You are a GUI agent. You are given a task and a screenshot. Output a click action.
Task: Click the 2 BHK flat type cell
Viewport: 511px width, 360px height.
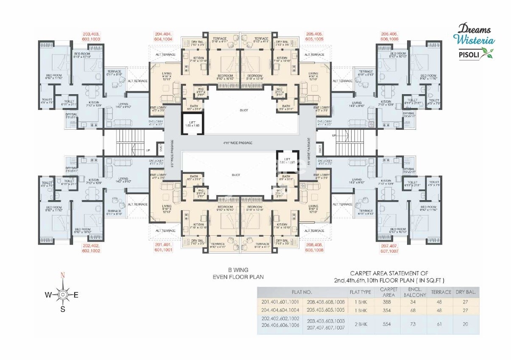[360, 324]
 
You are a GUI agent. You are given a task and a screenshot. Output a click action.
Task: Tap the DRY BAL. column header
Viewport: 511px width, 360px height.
[466, 292]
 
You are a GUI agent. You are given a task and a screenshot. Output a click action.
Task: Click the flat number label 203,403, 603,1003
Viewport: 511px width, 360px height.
[91, 36]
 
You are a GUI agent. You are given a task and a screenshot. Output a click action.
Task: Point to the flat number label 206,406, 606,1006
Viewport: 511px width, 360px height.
[390, 36]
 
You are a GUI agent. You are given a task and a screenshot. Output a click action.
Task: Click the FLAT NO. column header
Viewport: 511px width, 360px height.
[302, 292]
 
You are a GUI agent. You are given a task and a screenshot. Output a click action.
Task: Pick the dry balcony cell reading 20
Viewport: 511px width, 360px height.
[466, 324]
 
